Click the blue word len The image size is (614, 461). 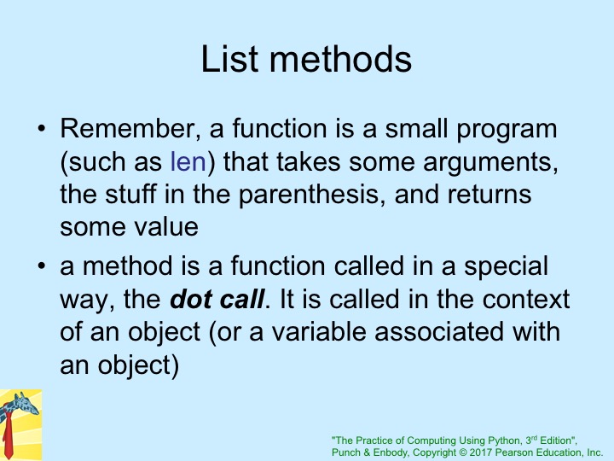coord(188,161)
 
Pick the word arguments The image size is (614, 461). coord(490,162)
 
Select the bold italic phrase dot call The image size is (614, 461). coord(217,300)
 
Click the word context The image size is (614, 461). coord(526,300)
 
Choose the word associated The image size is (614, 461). coord(439,331)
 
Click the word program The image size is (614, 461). coord(507,130)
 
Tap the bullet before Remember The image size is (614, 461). coord(42,129)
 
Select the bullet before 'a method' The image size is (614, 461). coord(42,266)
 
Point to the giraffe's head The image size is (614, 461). coord(25,405)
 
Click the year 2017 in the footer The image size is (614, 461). coord(480,452)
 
